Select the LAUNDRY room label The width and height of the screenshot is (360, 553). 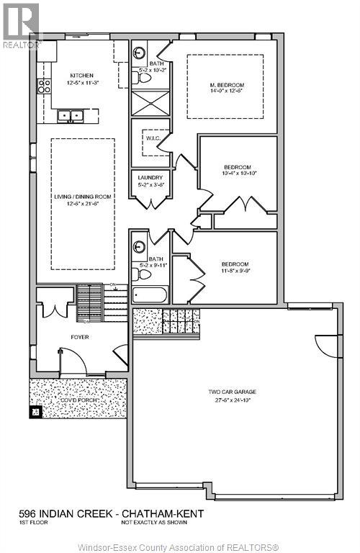(150, 177)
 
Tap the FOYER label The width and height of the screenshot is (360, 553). (79, 336)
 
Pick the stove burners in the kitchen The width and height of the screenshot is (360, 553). (44, 86)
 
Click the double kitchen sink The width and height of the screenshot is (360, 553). (70, 115)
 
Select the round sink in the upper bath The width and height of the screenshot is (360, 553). (140, 52)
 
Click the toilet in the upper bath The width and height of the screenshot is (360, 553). (143, 78)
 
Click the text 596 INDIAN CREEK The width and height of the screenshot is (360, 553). (62, 513)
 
